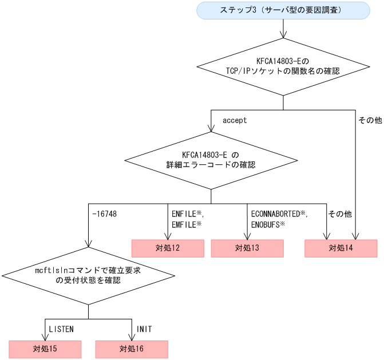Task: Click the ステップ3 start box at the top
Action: tap(283, 10)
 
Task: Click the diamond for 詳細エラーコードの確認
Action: tap(211, 160)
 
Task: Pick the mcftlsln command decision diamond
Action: tap(88, 275)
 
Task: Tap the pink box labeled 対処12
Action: tap(168, 248)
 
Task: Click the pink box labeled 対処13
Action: tap(247, 248)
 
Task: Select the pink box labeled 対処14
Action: tap(341, 248)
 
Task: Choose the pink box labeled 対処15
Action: tap(45, 349)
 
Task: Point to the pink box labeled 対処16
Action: tap(132, 349)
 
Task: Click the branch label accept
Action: tap(235, 121)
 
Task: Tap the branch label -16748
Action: tap(104, 213)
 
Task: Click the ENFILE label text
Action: tap(184, 213)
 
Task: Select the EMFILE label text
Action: tap(184, 225)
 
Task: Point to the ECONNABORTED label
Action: tap(276, 213)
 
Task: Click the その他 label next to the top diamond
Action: tap(370, 121)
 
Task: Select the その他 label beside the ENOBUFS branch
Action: tap(339, 213)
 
